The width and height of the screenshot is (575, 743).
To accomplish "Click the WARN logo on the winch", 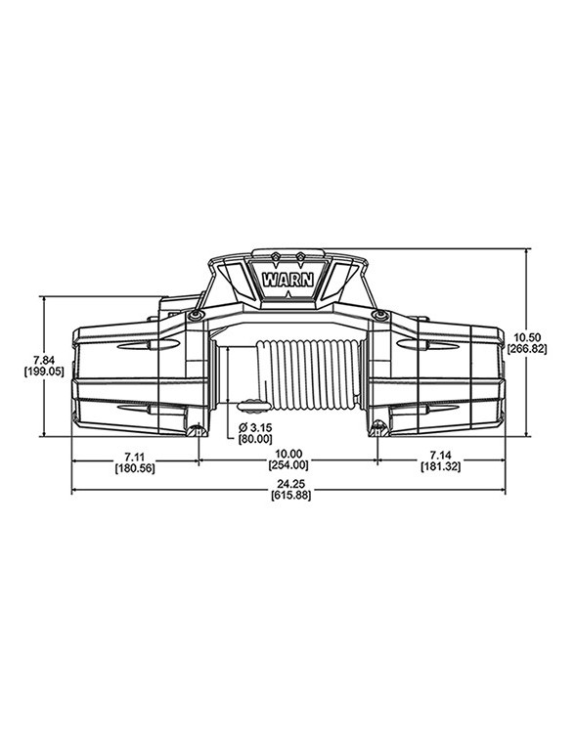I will tap(287, 278).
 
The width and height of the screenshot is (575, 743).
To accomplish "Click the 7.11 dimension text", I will tap(135, 456).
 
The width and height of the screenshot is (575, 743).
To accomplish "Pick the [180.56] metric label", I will tap(135, 468).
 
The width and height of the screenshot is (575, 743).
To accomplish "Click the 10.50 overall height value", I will tap(527, 335).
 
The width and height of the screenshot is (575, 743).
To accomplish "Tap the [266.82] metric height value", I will tap(527, 348).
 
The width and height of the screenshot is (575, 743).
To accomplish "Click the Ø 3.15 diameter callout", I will tap(255, 428).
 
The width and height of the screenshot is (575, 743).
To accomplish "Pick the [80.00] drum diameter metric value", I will tap(256, 441).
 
